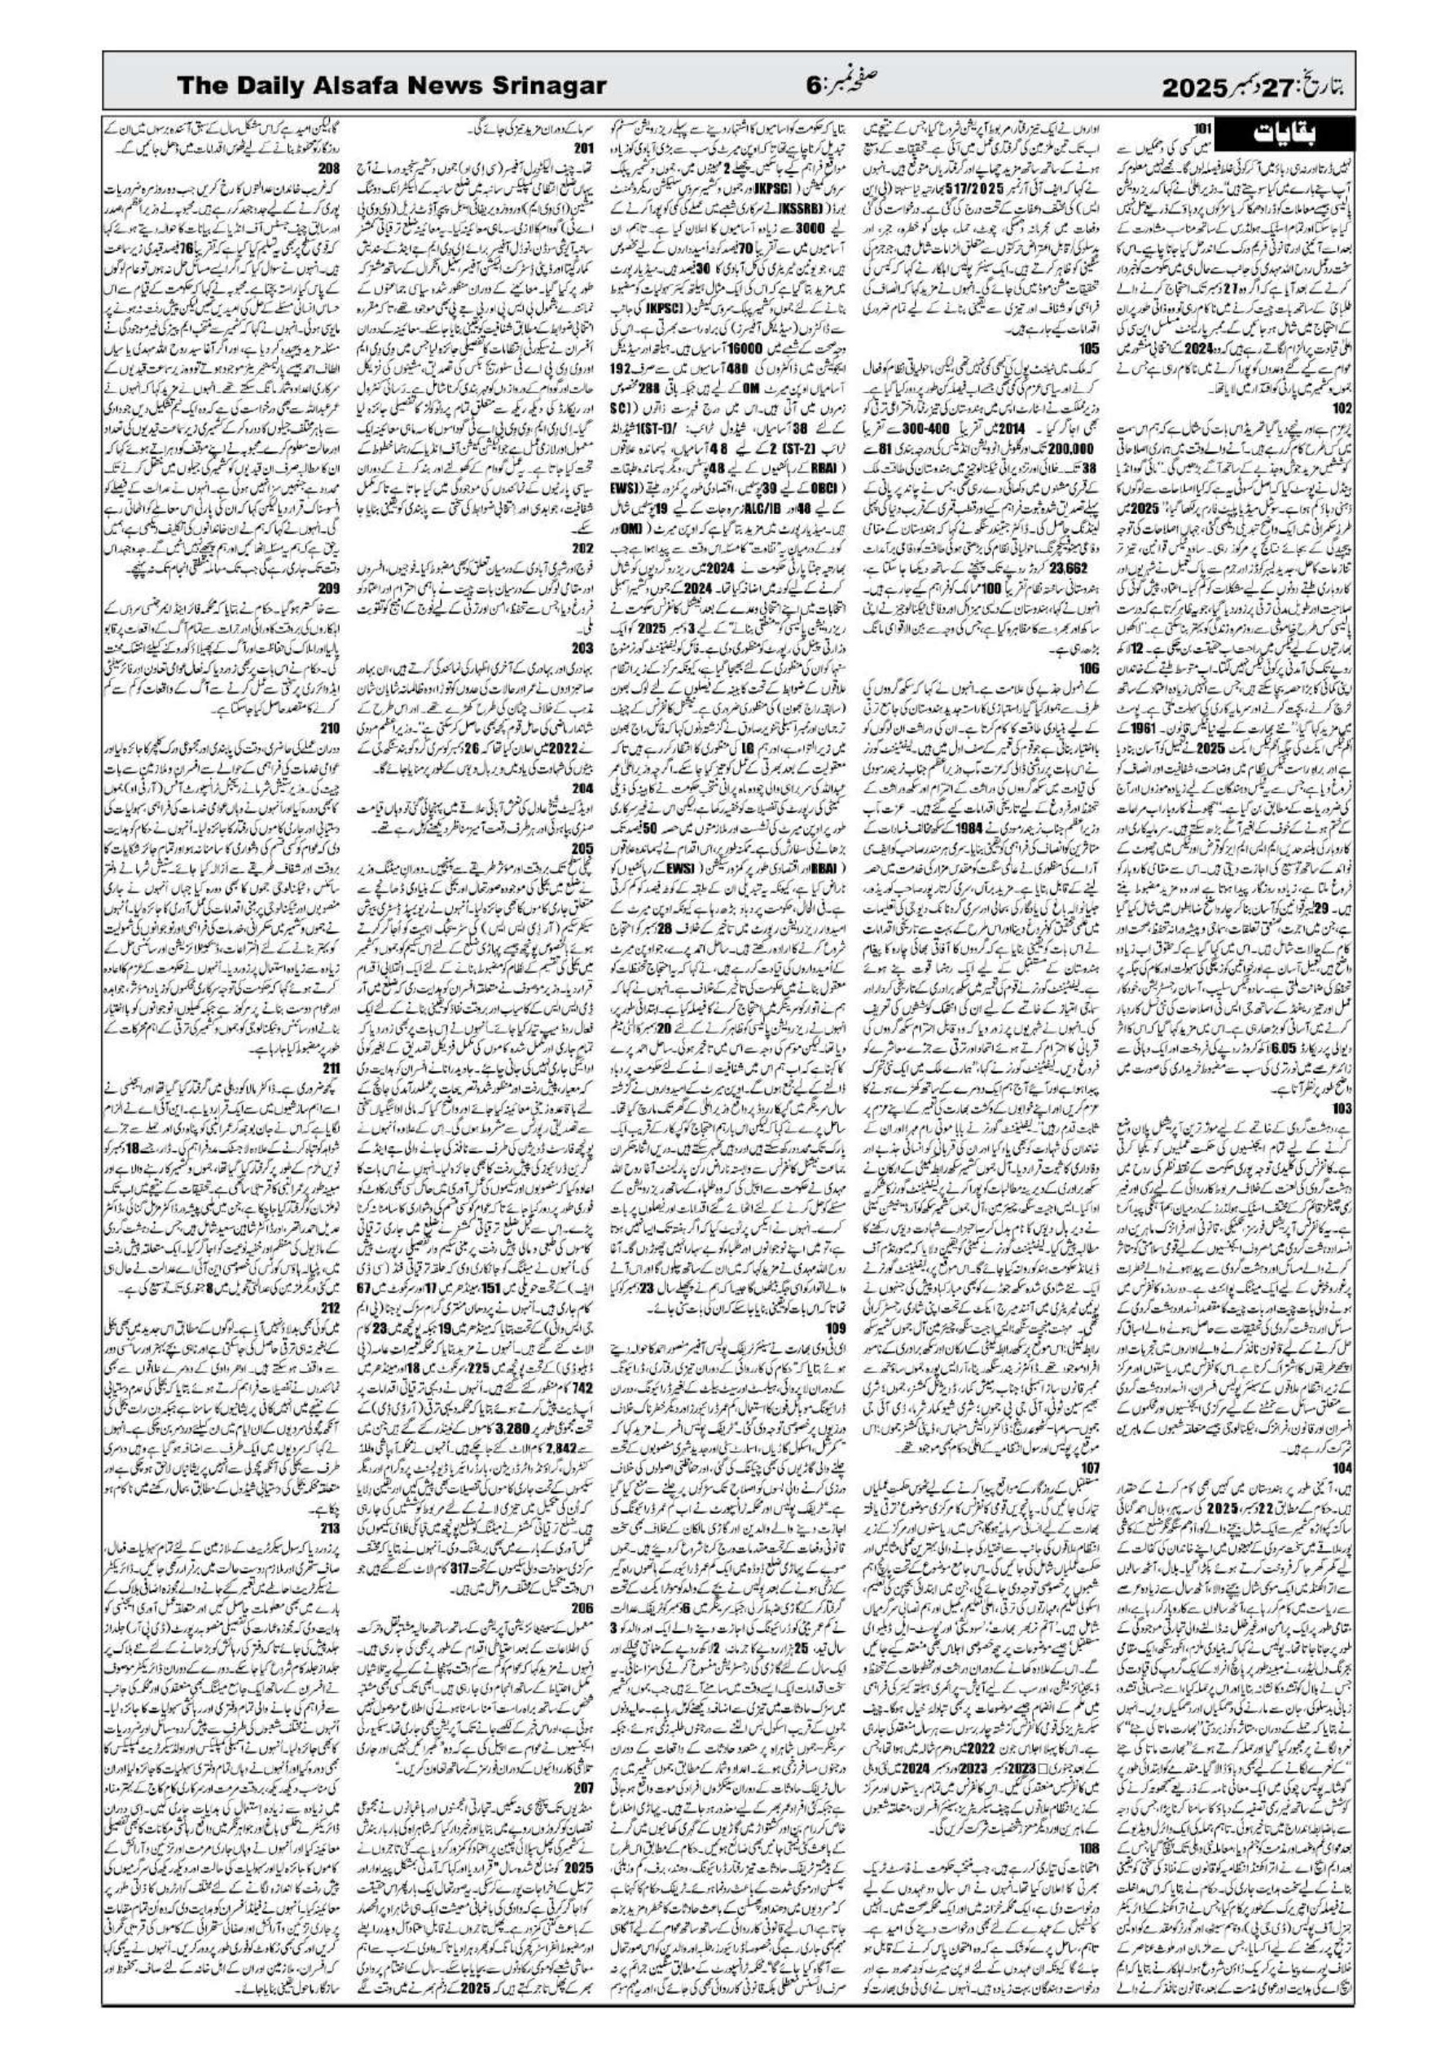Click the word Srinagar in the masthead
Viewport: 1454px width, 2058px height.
tap(543, 87)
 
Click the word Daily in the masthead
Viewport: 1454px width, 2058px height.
tap(261, 87)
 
